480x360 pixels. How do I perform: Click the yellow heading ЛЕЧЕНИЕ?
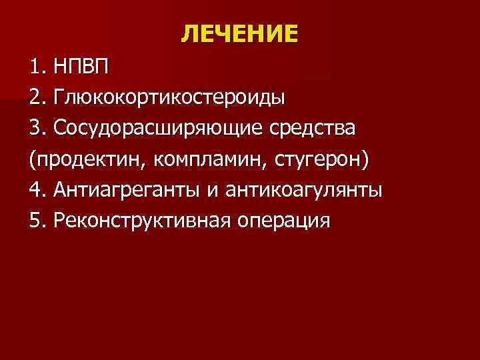239,33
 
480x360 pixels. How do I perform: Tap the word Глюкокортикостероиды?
171,98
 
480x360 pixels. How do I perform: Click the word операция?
283,221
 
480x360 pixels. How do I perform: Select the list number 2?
35,98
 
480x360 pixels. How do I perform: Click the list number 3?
35,129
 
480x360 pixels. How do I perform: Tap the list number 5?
35,221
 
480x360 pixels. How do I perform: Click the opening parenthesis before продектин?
33,161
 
